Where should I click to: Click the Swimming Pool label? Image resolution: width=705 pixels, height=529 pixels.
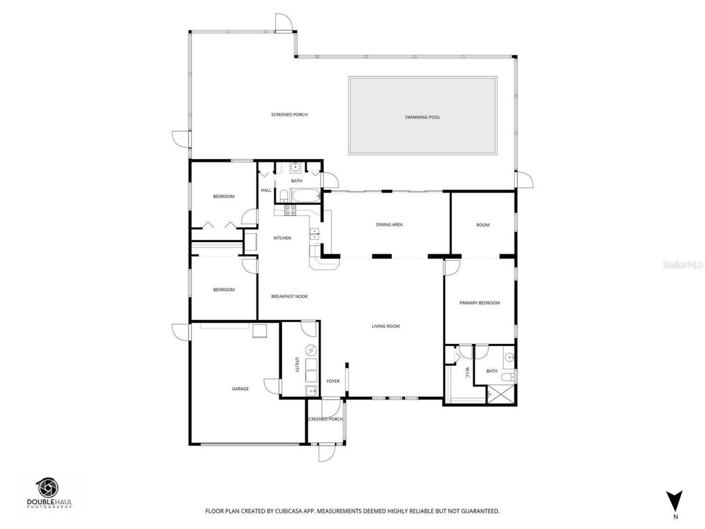point(422,117)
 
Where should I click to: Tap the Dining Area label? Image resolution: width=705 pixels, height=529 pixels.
point(389,225)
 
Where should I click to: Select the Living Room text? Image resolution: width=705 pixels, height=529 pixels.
point(386,326)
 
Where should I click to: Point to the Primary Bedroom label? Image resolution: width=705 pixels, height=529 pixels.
point(480,303)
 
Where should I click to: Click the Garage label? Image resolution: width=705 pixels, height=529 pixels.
point(240,389)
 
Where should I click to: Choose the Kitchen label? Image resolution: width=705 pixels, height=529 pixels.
point(283,238)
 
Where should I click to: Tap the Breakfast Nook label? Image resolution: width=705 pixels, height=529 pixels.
point(289,296)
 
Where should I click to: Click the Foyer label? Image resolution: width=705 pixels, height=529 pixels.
point(333,381)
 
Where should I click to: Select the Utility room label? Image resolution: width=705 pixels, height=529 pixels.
point(297,365)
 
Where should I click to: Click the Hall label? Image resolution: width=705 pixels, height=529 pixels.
point(266,191)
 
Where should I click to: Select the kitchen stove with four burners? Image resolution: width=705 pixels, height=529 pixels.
point(290,209)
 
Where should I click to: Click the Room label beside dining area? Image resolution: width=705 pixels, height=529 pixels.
point(482,225)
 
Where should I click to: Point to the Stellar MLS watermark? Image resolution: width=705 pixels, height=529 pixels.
point(683,265)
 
